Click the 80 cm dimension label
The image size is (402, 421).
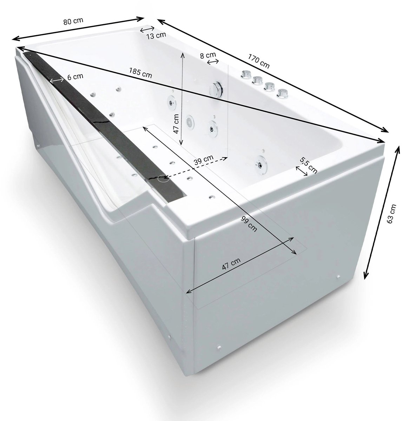(73, 21)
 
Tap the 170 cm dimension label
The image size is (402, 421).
(259, 61)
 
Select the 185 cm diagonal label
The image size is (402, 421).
(140, 73)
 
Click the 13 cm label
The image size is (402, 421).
(156, 35)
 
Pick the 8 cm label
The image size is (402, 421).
(208, 55)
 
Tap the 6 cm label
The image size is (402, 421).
(75, 76)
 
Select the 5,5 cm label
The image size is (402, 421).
(309, 165)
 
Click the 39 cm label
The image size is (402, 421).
(204, 160)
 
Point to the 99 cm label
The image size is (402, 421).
(249, 224)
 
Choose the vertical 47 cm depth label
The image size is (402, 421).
(176, 124)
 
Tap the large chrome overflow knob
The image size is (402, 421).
(216, 90)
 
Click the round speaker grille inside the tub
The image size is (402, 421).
(190, 122)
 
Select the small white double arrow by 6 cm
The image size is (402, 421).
(57, 80)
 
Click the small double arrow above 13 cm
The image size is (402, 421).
(147, 29)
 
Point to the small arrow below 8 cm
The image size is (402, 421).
(213, 62)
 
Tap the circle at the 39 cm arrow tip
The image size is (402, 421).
(163, 178)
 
